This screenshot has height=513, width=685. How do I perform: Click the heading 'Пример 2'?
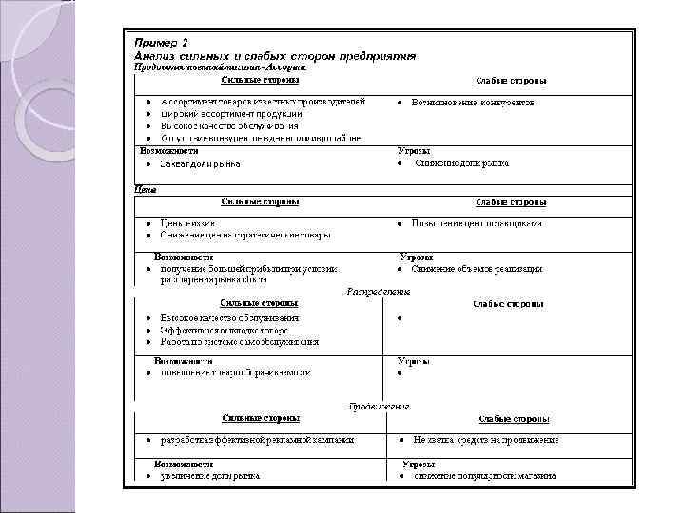(x=162, y=43)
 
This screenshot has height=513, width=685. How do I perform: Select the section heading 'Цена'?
(x=145, y=189)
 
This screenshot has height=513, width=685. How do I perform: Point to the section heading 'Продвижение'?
(x=379, y=406)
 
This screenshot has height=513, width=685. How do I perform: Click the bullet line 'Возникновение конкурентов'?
(x=472, y=101)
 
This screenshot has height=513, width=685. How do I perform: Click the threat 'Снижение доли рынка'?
(x=461, y=163)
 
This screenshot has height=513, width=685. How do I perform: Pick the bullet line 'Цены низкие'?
(x=188, y=223)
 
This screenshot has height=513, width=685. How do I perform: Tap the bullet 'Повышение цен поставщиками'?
(x=477, y=223)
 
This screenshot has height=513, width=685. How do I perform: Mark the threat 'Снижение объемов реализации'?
(x=478, y=269)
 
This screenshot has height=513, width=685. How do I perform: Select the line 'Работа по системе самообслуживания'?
(x=239, y=341)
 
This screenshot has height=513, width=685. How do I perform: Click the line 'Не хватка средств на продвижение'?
(x=485, y=440)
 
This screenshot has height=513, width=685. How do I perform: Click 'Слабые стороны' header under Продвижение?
(x=511, y=418)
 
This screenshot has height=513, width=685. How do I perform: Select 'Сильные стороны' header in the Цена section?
(x=262, y=201)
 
